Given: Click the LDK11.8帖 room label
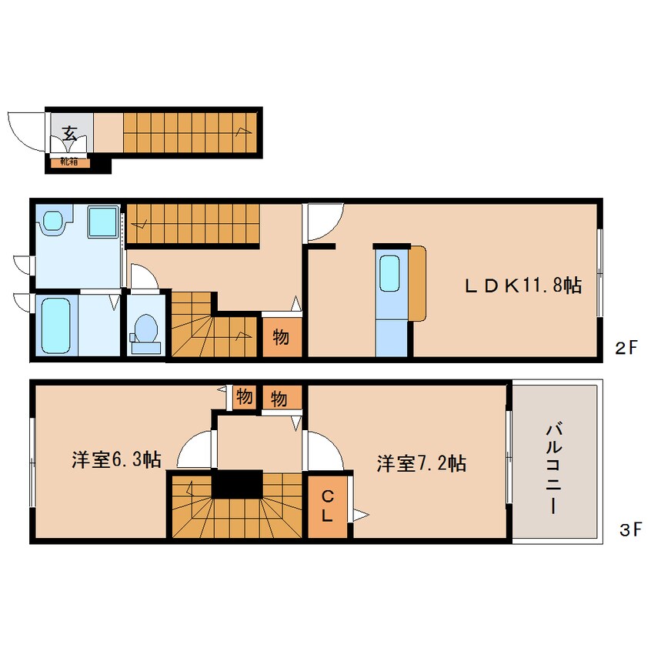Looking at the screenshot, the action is [x=523, y=285].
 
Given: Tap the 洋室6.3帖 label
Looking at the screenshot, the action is [x=117, y=459].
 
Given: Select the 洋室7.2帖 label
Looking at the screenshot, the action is [x=422, y=463].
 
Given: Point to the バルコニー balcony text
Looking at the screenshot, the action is [x=553, y=469].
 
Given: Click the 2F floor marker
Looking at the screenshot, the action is [x=626, y=348].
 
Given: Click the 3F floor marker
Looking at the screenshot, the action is [x=630, y=529].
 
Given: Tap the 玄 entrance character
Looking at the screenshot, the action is [x=69, y=132].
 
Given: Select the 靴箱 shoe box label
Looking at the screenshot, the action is [x=69, y=162].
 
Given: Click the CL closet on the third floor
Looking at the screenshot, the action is [x=328, y=506].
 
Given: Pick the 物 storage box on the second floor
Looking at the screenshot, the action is [x=282, y=337].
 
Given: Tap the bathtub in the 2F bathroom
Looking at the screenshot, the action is [x=55, y=325].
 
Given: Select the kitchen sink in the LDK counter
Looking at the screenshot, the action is [x=389, y=273].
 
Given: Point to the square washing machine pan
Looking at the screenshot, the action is [x=102, y=222].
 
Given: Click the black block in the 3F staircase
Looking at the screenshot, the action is [x=237, y=484].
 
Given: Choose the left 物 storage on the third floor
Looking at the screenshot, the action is [x=245, y=397].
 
